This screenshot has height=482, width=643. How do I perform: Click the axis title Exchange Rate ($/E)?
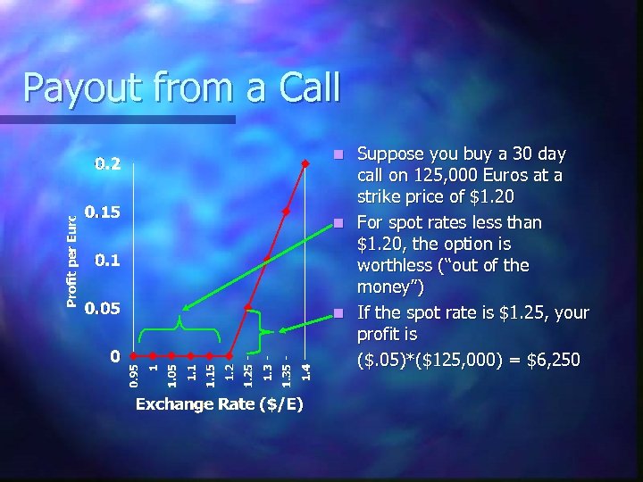pyautogui.click(x=219, y=405)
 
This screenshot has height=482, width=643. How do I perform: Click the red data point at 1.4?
pyautogui.click(x=306, y=162)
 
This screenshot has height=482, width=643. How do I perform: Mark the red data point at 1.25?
pyautogui.click(x=248, y=307)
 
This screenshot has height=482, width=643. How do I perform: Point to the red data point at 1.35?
pyautogui.click(x=287, y=211)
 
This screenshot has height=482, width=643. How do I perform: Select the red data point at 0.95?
pyautogui.click(x=133, y=355)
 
